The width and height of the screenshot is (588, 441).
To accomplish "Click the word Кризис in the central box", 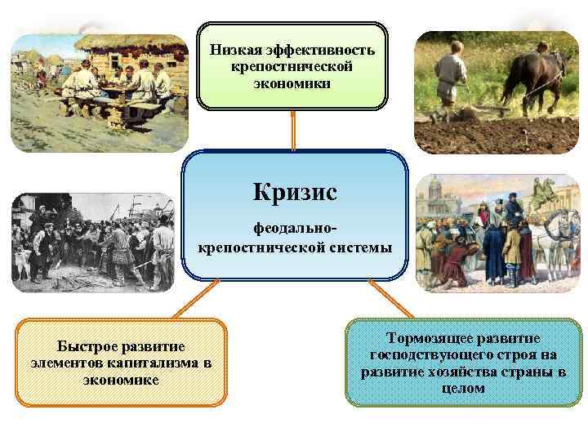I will pyautogui.click(x=295, y=193).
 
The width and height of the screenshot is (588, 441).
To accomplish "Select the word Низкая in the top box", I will pyautogui.click(x=233, y=50).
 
